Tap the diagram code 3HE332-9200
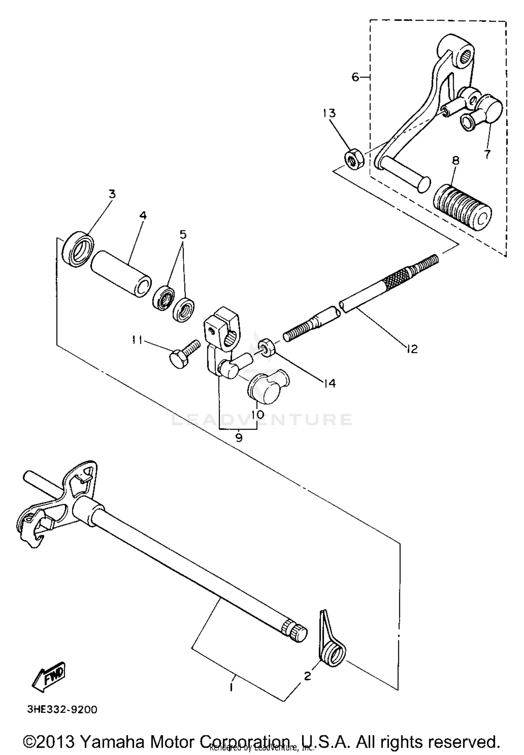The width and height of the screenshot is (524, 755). click(62, 710)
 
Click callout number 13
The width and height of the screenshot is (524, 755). click(329, 114)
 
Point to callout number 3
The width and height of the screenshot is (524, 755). click(112, 194)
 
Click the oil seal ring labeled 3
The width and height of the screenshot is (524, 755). click(78, 248)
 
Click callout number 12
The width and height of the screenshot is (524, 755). click(412, 348)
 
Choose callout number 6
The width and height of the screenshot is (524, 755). click(355, 77)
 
